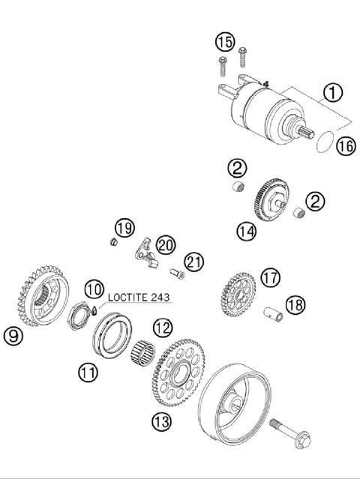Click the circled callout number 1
click(x=332, y=94)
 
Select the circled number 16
click(x=344, y=146)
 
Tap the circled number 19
click(x=124, y=228)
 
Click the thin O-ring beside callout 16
click(x=323, y=141)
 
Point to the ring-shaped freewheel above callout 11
click(x=112, y=334)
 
